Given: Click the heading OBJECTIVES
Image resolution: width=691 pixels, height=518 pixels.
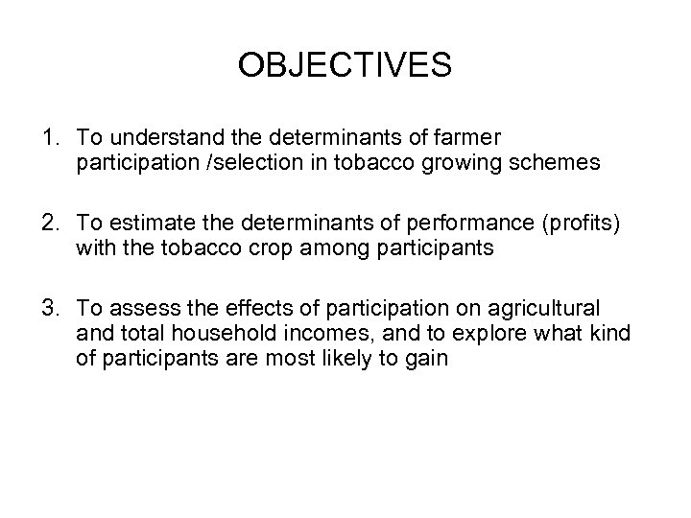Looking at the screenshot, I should click(345, 65).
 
